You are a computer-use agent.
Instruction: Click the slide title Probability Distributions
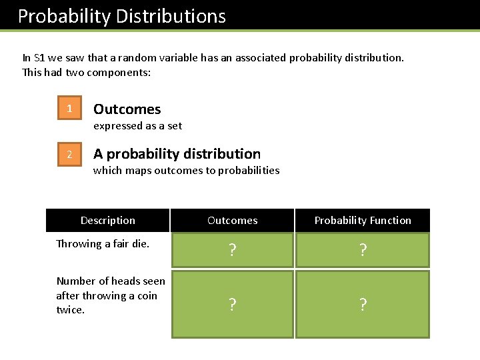coord(121,16)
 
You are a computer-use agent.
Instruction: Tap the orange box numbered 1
coord(69,109)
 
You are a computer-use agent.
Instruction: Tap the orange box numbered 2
coord(69,155)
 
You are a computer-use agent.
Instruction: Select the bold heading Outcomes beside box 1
coord(127,109)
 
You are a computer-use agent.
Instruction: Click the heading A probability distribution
coord(177,154)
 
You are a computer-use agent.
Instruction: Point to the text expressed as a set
coord(137,126)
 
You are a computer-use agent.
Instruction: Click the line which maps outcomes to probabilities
coord(186,171)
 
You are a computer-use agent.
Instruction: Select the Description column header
coord(107,221)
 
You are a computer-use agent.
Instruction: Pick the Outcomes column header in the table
coord(232,221)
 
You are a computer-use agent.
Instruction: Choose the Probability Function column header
coord(363,221)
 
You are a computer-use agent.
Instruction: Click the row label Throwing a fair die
coord(102,244)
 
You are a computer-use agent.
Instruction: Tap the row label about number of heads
coord(111,295)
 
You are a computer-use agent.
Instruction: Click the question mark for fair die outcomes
coord(232,251)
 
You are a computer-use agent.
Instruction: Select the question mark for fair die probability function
coord(363,251)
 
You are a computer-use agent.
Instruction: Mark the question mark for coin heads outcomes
coord(232,305)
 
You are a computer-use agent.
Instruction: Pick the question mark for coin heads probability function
coord(363,305)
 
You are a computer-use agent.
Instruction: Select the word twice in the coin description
coord(70,310)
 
